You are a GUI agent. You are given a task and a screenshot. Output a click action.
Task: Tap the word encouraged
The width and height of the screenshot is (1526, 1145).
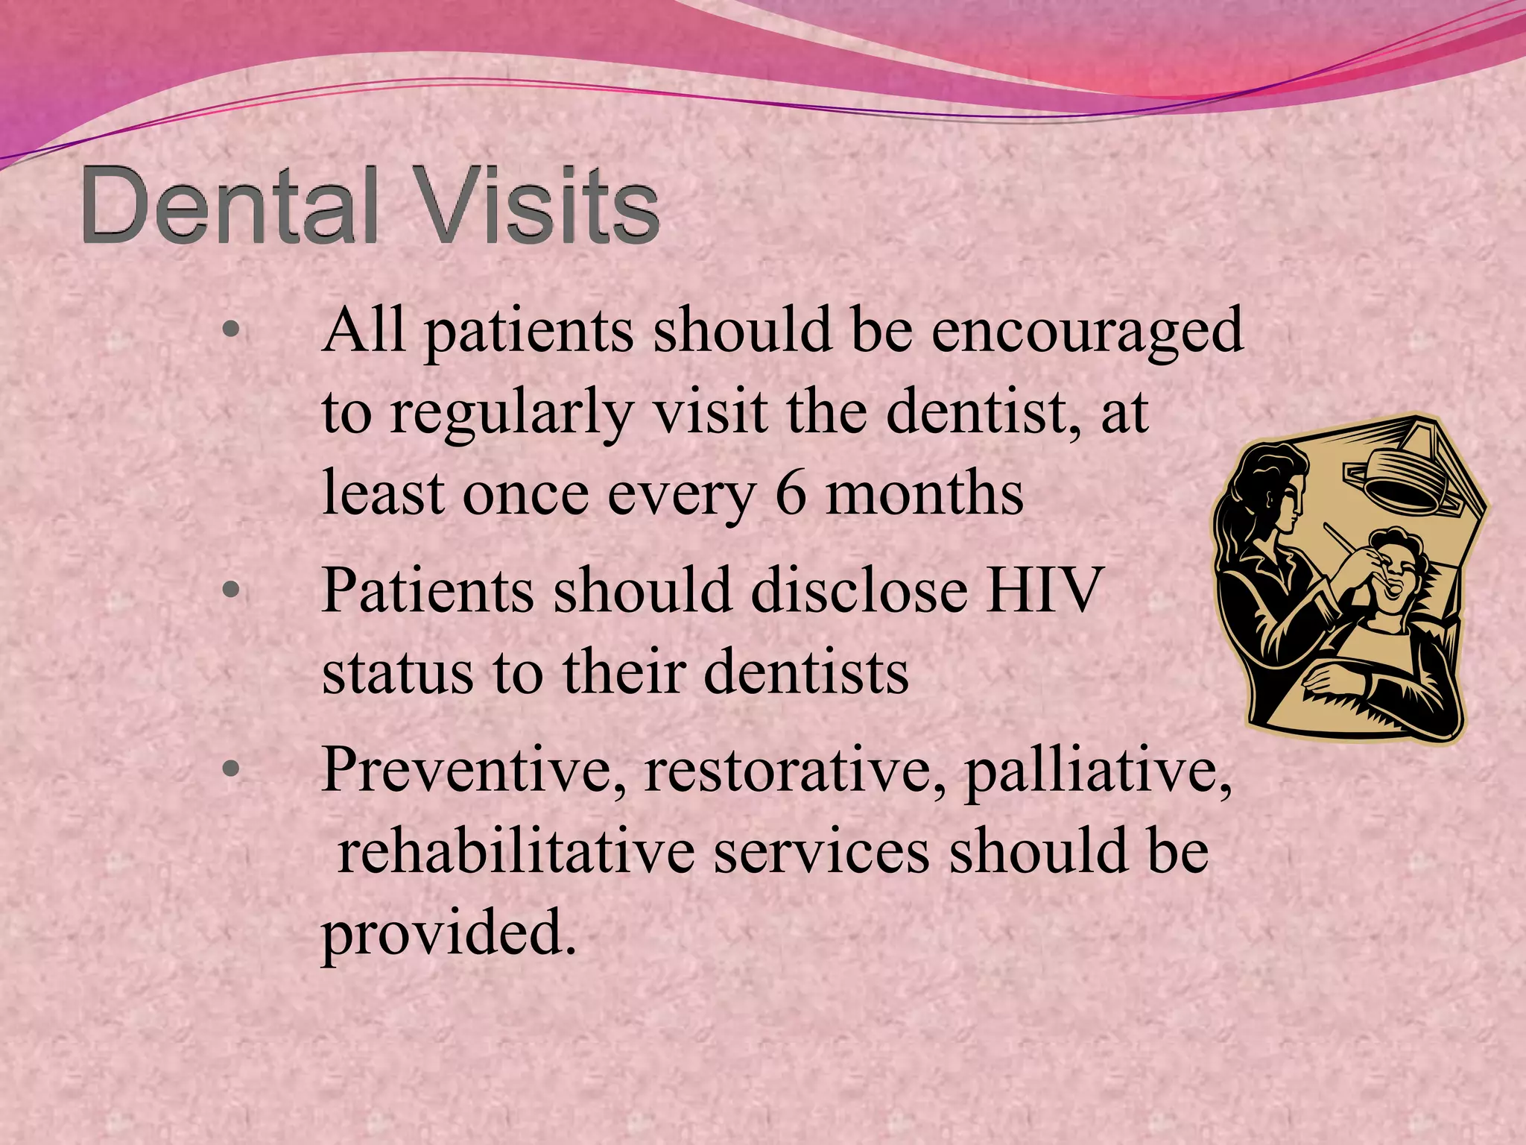tap(1087, 332)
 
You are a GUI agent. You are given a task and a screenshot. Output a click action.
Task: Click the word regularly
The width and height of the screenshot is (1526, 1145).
tap(512, 414)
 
